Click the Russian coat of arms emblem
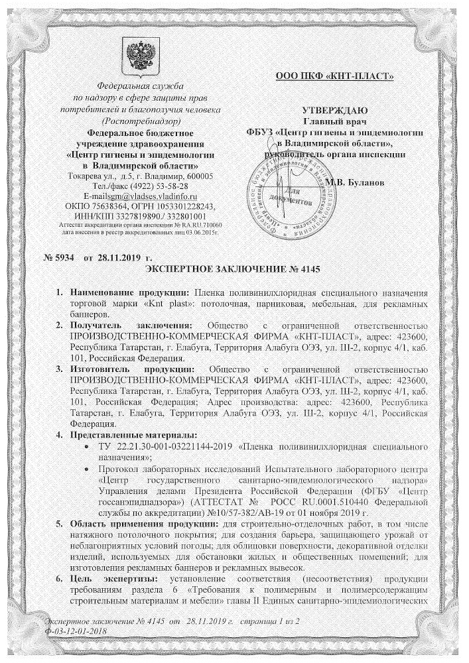140,56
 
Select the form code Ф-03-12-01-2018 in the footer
74,631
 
